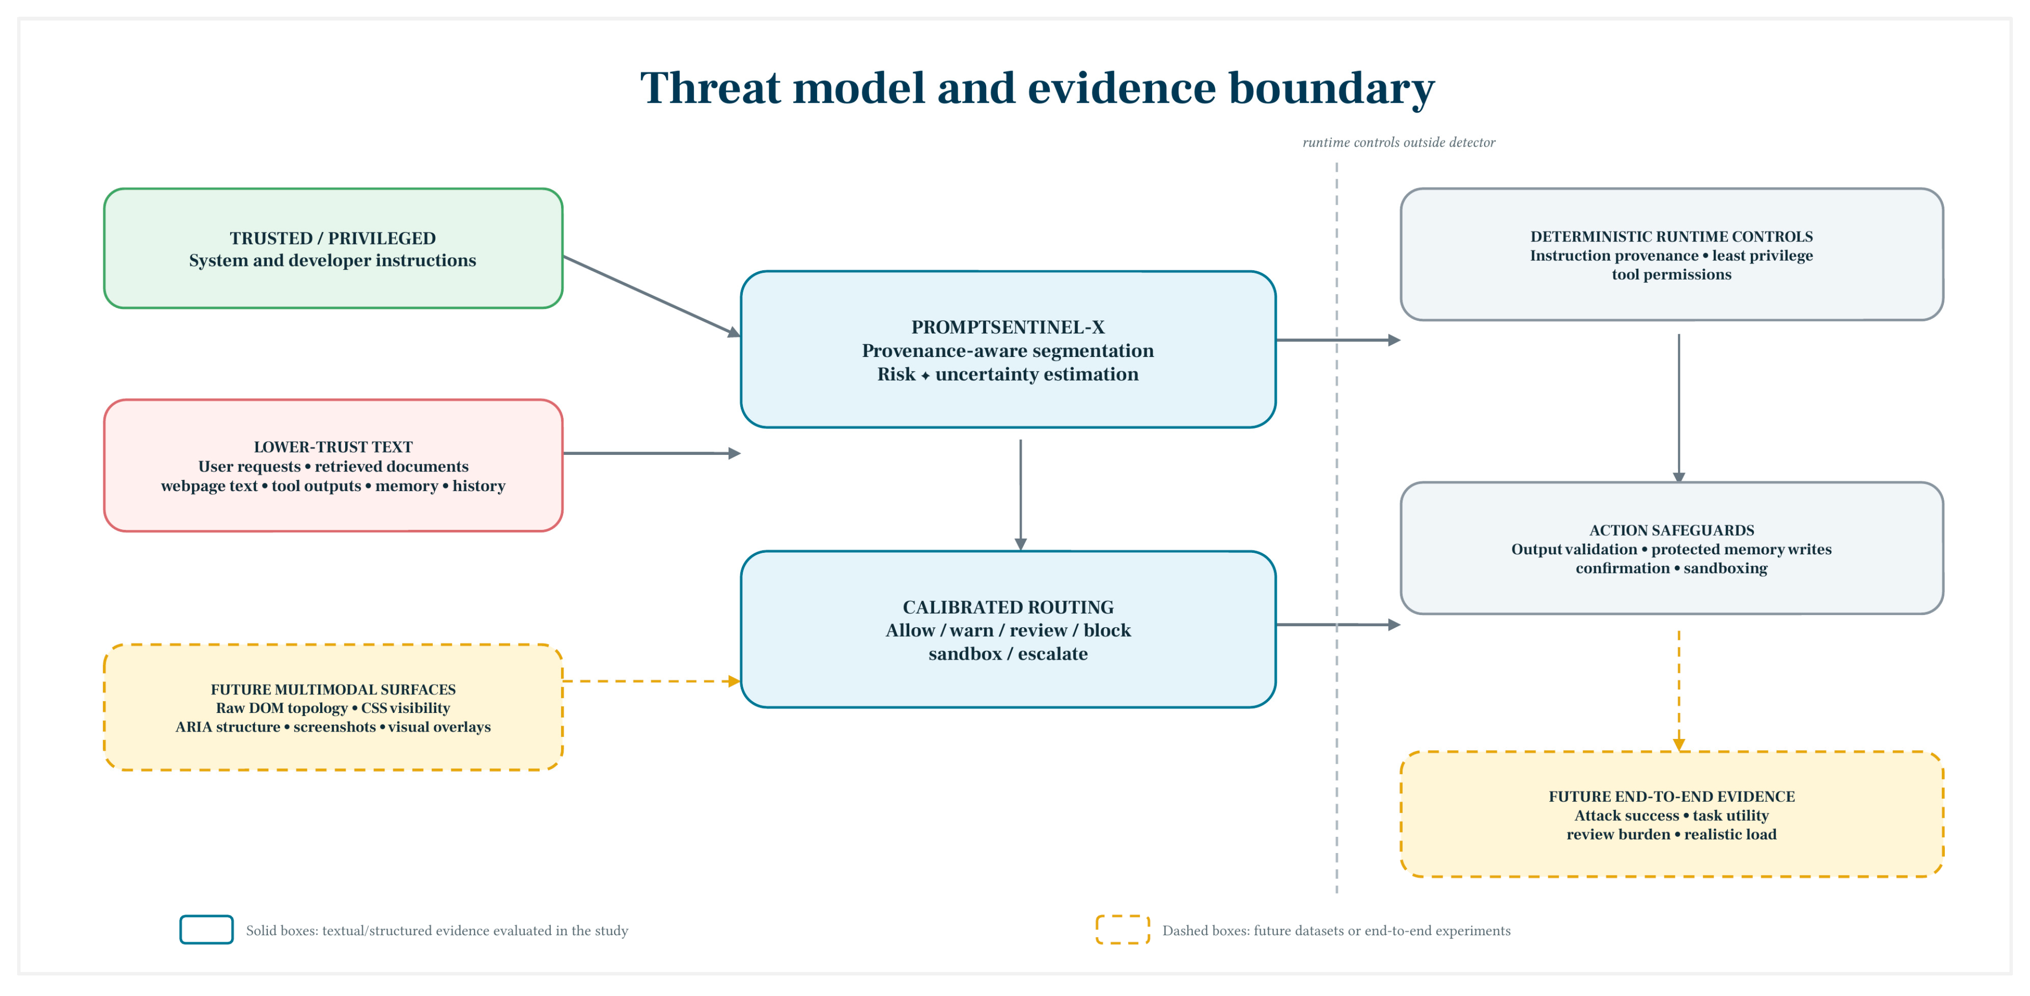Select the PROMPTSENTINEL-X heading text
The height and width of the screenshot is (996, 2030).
pos(1008,327)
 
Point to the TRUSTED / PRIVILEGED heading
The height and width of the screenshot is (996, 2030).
pos(332,238)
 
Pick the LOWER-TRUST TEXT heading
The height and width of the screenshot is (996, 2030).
pos(332,447)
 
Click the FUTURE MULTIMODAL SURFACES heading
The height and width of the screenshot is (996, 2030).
pos(332,689)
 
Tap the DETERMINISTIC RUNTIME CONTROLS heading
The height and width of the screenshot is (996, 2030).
pos(1672,237)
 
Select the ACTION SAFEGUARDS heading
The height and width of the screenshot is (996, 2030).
pos(1672,530)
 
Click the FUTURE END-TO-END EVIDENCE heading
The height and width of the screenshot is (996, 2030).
pos(1672,797)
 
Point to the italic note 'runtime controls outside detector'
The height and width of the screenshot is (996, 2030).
pos(1399,142)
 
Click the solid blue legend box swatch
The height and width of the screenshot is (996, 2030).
pos(207,930)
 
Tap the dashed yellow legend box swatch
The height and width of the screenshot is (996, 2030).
pos(1123,930)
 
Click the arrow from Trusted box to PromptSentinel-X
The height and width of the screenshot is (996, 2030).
pos(652,296)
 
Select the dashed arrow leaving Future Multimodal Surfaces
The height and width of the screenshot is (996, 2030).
pos(652,681)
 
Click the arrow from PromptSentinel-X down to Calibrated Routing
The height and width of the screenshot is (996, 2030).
pos(1020,495)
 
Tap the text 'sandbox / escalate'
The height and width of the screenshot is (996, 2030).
pos(1008,654)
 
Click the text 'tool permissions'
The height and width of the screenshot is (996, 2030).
pos(1672,274)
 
